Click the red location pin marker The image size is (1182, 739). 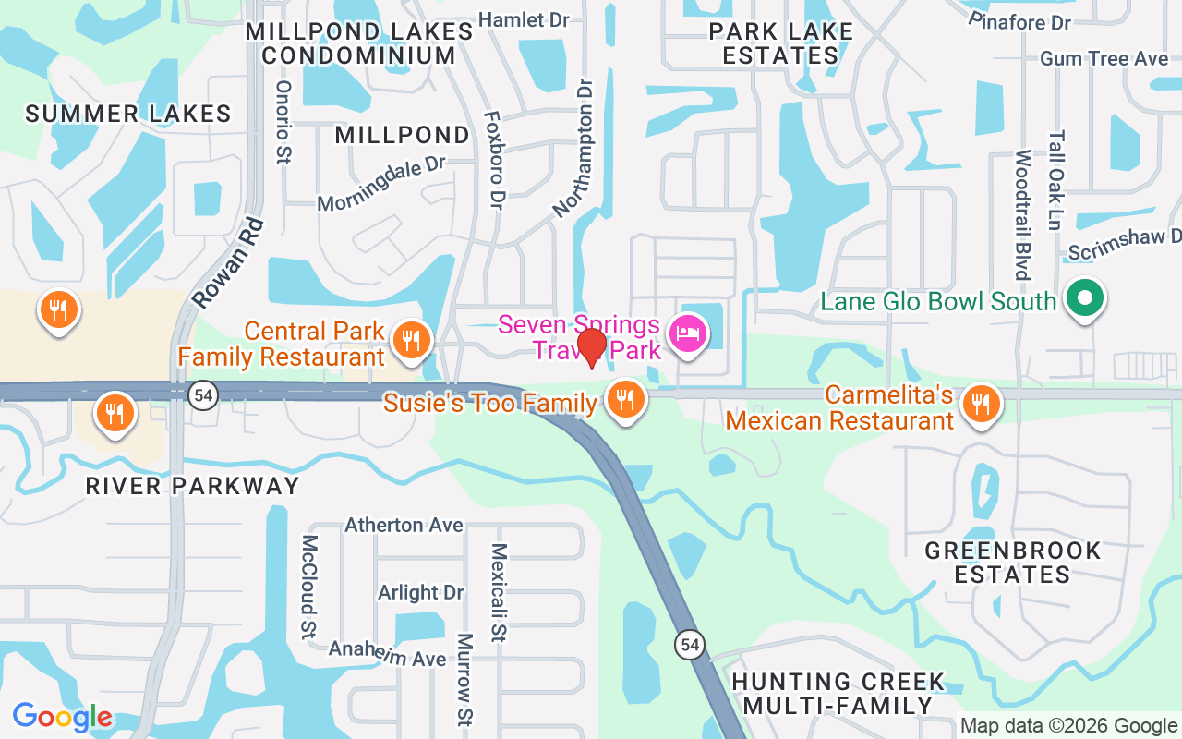click(x=591, y=347)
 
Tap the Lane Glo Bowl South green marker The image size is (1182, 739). click(x=1085, y=298)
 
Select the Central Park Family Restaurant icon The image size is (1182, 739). click(x=407, y=340)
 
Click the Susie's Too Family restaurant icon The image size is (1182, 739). click(x=625, y=399)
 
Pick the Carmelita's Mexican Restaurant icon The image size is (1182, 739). click(x=981, y=403)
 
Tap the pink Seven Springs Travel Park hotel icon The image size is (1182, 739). click(x=688, y=332)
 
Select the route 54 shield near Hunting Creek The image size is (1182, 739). click(x=690, y=644)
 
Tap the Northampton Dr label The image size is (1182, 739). click(x=574, y=148)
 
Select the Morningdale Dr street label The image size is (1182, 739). click(x=381, y=184)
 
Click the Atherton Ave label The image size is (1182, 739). click(x=404, y=525)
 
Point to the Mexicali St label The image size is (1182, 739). click(x=499, y=591)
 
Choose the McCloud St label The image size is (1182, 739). click(x=308, y=586)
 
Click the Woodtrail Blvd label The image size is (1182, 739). click(x=1022, y=214)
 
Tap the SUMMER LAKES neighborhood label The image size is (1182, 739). click(x=128, y=114)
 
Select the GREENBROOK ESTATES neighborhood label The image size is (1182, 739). click(x=1013, y=563)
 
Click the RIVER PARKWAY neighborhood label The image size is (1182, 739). click(x=192, y=486)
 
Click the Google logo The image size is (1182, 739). click(x=62, y=717)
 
